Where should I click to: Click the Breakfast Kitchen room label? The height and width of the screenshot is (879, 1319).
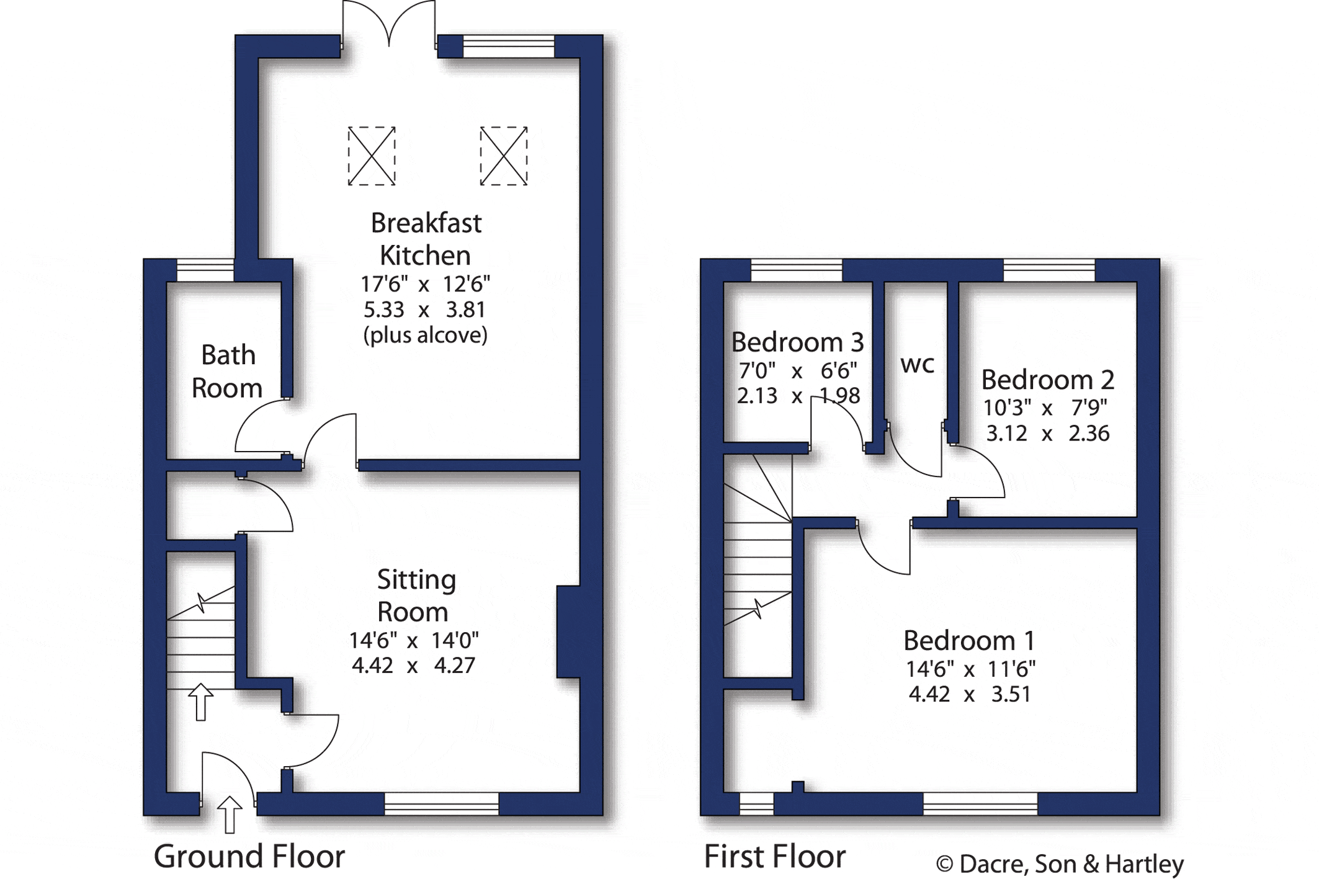[426, 239]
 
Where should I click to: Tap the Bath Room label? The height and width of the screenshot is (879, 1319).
[227, 372]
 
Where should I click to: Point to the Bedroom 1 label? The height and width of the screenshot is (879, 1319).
[969, 640]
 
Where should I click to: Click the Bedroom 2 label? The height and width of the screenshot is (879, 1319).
[1048, 379]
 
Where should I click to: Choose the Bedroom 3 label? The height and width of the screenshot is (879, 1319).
[798, 342]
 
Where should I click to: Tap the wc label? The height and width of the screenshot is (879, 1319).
[917, 365]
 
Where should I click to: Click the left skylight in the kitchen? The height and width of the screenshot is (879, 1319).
[372, 156]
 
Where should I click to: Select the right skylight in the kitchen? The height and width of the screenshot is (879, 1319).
[504, 156]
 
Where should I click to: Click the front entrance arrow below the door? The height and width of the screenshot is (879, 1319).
[230, 814]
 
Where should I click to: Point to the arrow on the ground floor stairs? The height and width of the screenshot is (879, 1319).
[200, 702]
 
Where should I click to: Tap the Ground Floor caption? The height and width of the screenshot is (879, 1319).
[249, 857]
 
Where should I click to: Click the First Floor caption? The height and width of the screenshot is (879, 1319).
[775, 857]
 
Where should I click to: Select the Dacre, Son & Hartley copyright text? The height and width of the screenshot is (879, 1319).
[1060, 864]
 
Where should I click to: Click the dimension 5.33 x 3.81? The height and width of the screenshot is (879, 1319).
[424, 309]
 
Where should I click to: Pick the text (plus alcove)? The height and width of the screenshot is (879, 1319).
[426, 335]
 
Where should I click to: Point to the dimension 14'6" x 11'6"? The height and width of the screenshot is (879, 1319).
[970, 669]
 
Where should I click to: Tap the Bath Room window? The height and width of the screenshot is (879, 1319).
[205, 270]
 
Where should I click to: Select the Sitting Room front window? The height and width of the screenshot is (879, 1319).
[442, 803]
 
